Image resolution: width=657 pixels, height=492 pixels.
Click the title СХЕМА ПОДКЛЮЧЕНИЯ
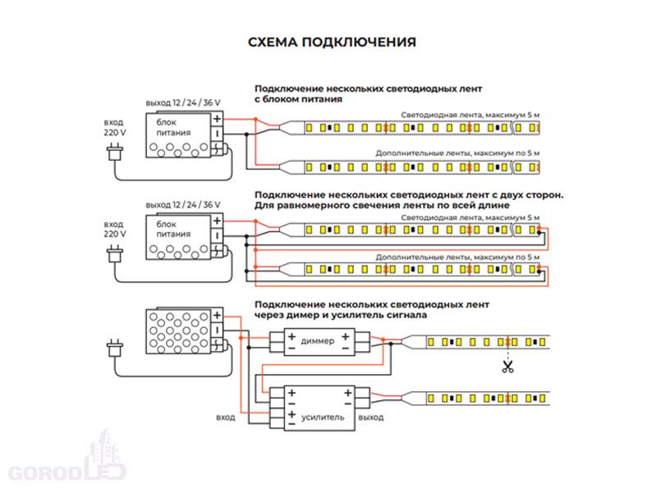tap(332, 42)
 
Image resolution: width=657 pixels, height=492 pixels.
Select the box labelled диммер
tap(319, 340)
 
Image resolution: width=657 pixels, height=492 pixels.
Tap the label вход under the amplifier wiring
tap(226, 417)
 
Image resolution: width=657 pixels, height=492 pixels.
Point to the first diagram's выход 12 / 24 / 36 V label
tap(183, 103)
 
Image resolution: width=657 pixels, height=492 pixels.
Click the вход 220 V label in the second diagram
tap(115, 228)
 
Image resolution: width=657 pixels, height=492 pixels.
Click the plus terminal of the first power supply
tap(217, 119)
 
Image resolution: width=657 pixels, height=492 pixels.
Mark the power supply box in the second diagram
tap(177, 235)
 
